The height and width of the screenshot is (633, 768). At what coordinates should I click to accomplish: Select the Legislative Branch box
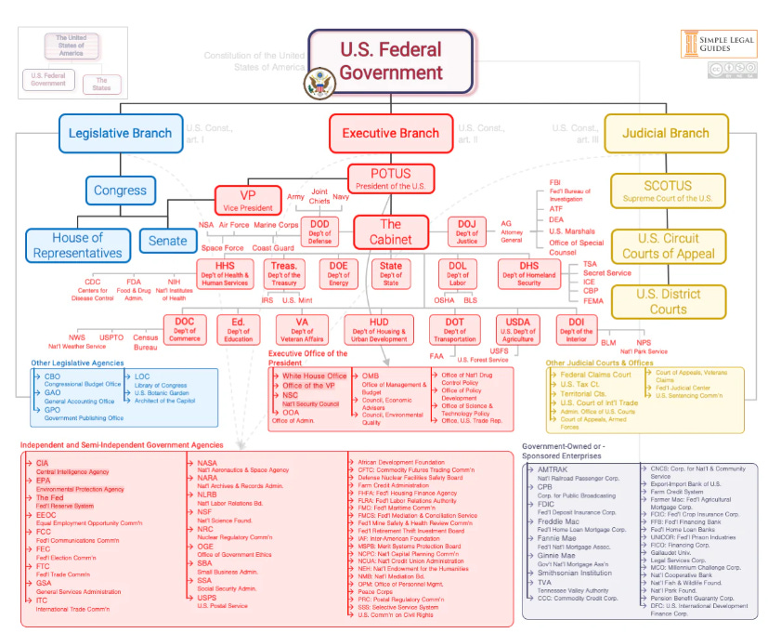click(120, 133)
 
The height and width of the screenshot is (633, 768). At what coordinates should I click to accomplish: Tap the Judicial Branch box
click(665, 133)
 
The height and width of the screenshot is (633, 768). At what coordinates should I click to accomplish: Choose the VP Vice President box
click(248, 200)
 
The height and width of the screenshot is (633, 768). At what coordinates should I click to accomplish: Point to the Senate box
click(168, 242)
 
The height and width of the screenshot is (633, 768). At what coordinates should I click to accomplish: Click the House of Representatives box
click(77, 245)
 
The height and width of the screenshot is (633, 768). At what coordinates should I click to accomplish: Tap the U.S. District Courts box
click(668, 302)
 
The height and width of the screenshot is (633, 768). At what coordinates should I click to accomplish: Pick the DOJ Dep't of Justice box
click(466, 231)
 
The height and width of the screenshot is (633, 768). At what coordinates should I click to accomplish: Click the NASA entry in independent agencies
click(207, 463)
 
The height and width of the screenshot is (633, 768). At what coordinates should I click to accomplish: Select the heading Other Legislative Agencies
click(77, 363)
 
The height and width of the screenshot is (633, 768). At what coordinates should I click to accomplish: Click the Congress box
click(120, 191)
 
